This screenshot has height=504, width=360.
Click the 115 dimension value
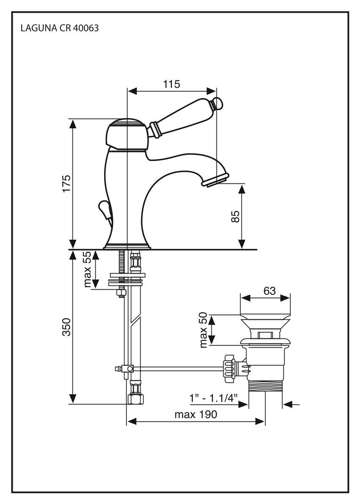click(172, 84)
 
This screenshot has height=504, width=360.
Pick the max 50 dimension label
click(204, 330)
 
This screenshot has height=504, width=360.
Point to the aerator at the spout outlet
click(215, 180)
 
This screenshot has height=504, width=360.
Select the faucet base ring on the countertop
click(127, 246)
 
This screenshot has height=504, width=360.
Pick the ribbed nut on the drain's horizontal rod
click(229, 367)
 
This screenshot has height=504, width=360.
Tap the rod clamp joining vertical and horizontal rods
click(127, 369)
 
